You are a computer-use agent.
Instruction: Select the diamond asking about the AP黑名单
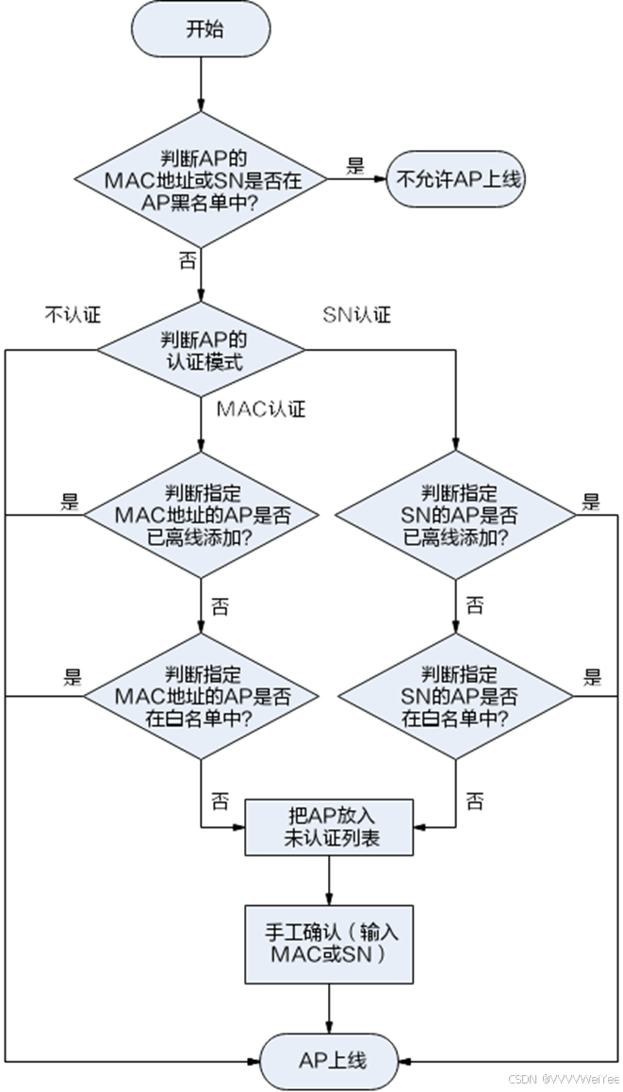(204, 179)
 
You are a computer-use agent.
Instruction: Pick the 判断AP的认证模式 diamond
(204, 350)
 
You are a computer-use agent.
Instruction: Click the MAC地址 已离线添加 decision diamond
(202, 515)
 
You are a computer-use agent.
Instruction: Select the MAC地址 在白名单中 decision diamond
(202, 697)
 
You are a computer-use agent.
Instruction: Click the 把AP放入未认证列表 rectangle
(330, 826)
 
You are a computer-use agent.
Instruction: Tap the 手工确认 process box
(331, 943)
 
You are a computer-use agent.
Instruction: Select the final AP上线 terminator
(330, 1061)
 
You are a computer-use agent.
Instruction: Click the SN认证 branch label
(357, 315)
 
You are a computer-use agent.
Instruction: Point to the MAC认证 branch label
(261, 409)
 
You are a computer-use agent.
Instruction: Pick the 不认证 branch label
(72, 315)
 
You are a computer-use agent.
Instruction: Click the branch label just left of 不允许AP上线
(355, 171)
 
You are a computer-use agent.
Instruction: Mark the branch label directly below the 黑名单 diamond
(187, 260)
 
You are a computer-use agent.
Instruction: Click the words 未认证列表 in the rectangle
(332, 837)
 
